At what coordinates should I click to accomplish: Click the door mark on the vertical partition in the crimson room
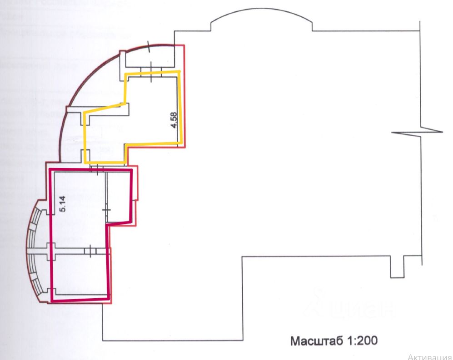click(105, 211)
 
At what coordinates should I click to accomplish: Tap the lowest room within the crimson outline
click(80, 275)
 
